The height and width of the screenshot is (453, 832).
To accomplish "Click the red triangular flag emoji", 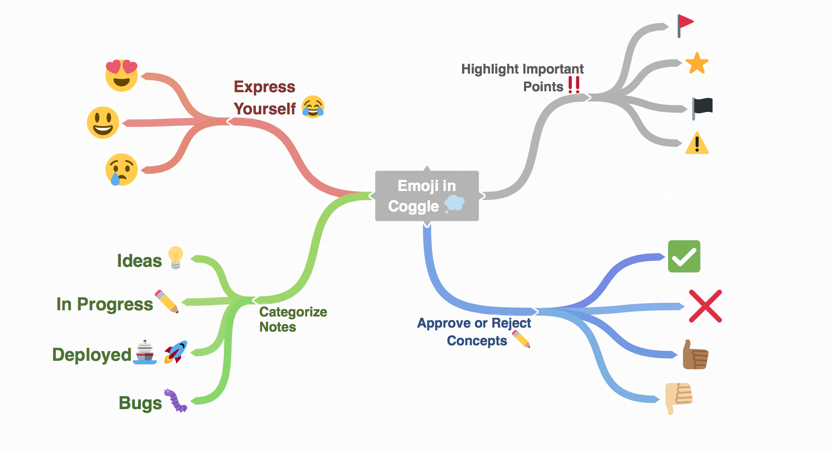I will click(685, 24).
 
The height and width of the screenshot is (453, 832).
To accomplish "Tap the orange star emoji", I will click(697, 63).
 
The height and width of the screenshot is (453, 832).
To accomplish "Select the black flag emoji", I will click(703, 108).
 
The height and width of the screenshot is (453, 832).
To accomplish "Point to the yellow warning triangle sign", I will click(697, 144).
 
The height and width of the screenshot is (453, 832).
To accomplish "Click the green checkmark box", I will click(684, 257).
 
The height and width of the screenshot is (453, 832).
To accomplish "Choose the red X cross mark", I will click(705, 306).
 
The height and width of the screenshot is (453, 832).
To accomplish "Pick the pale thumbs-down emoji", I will click(679, 397).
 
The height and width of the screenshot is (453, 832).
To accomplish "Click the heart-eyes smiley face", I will click(121, 75).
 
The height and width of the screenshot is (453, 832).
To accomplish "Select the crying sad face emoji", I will click(121, 170).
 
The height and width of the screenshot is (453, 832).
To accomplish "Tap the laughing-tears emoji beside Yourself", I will click(313, 107).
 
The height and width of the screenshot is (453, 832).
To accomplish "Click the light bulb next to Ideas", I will click(175, 258).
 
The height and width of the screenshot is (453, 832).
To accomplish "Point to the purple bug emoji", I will click(176, 401).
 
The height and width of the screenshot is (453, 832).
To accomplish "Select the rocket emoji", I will click(176, 352).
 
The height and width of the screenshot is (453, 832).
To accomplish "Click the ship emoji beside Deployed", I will click(145, 352).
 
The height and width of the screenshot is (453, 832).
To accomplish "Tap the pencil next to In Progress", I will click(167, 301).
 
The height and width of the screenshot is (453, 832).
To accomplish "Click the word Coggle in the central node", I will click(413, 207).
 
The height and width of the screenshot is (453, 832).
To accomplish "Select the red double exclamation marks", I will click(574, 84).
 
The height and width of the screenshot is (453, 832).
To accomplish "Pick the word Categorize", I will click(293, 312).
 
